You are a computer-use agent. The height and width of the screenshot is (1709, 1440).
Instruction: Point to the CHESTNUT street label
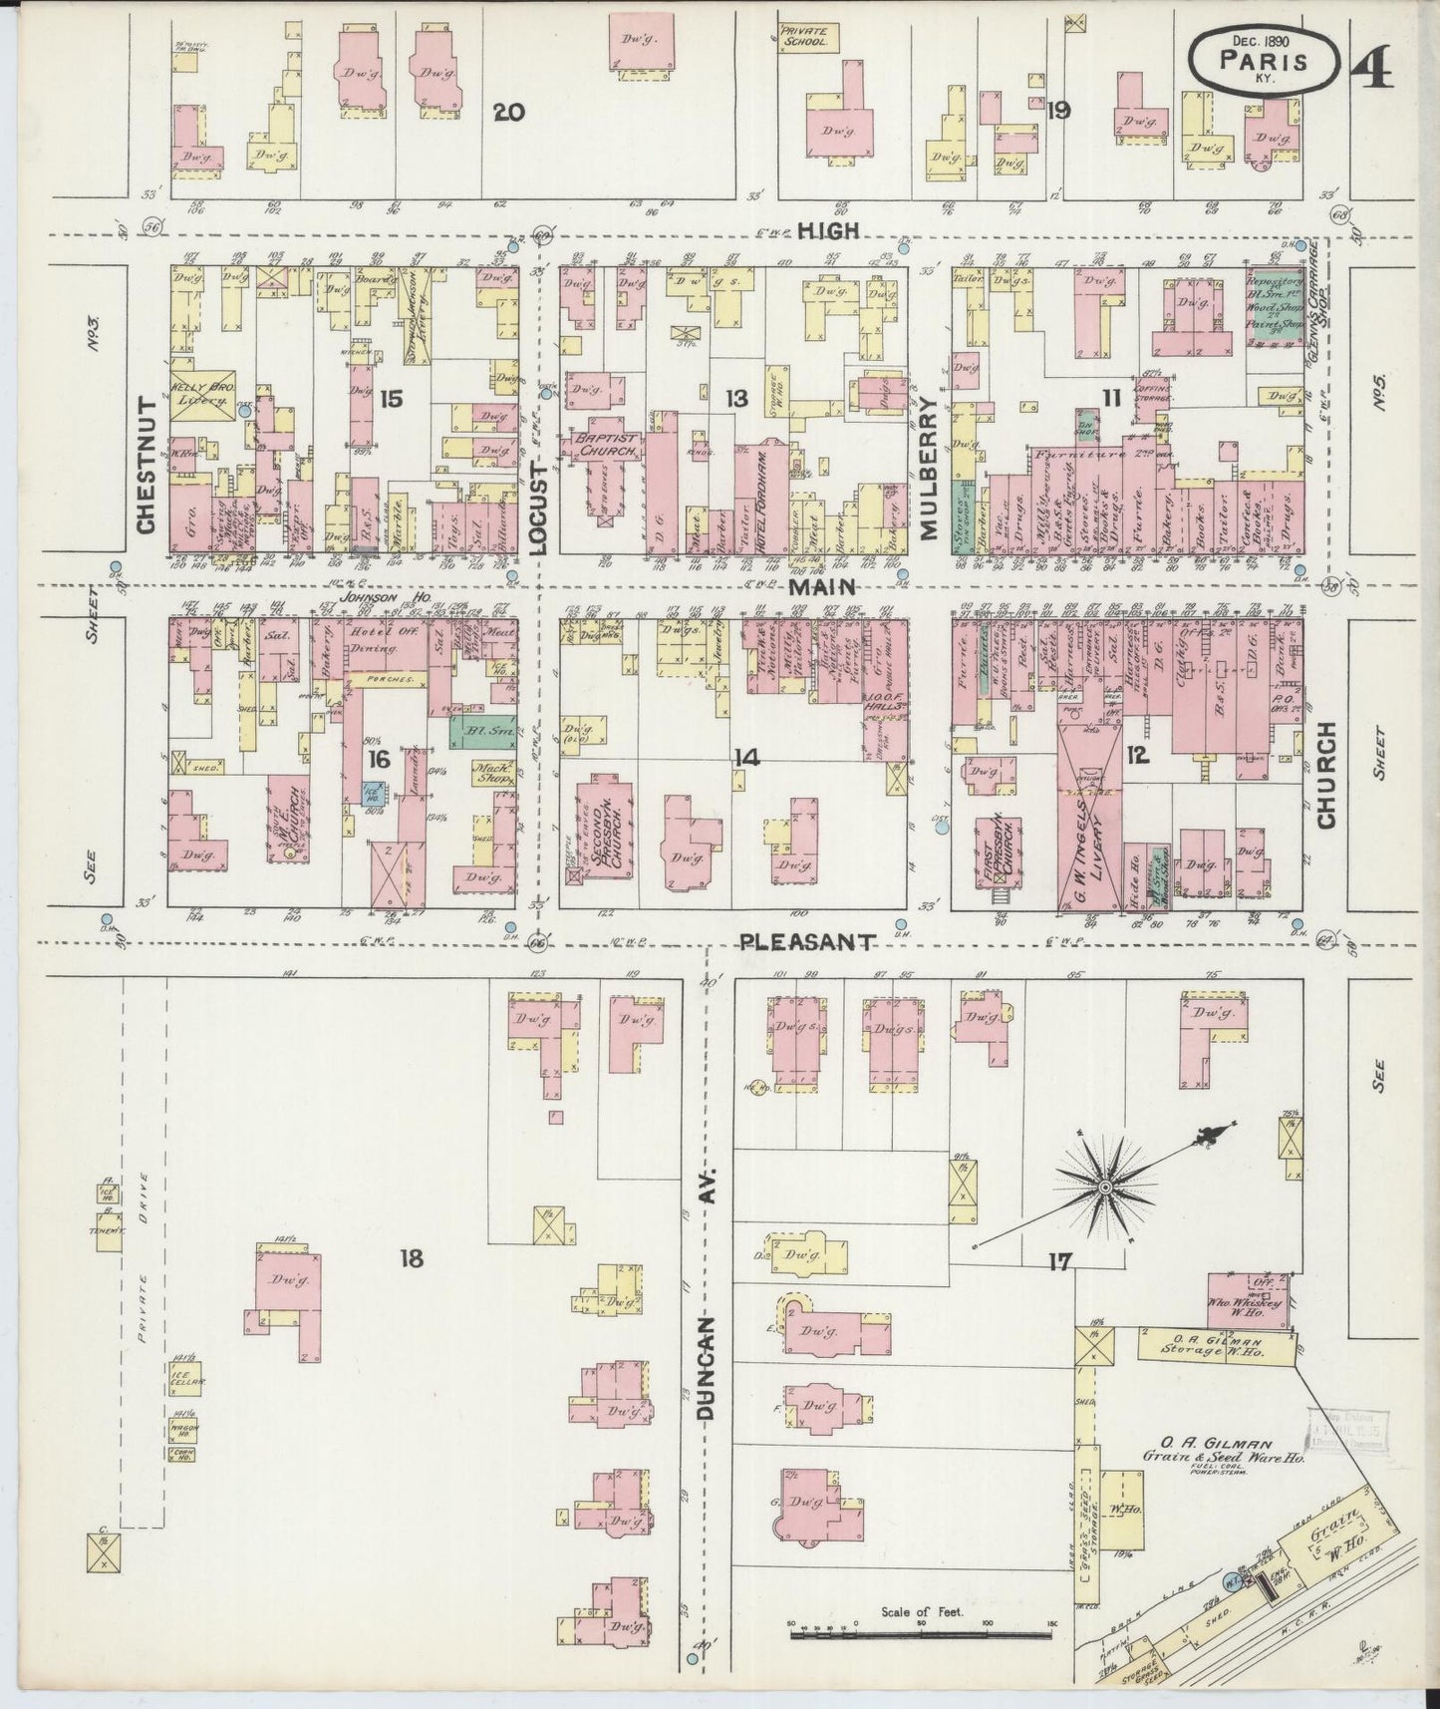[145, 465]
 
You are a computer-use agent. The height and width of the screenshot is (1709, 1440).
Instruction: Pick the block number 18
[411, 1258]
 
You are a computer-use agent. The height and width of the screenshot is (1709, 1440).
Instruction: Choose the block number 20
[508, 112]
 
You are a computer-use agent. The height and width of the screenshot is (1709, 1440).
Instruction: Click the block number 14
[746, 759]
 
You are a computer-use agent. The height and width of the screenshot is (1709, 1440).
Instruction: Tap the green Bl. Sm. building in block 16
[483, 731]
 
